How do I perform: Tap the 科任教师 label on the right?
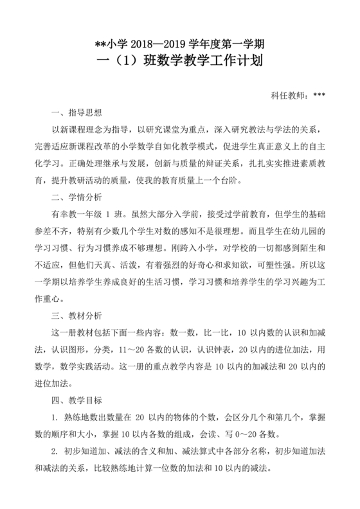click(290, 96)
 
